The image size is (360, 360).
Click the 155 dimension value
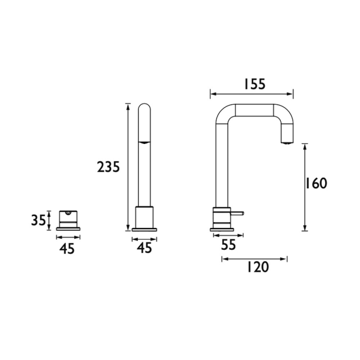coord(254,84)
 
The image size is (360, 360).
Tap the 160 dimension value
coord(316,183)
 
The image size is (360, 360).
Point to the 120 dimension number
coord(256,268)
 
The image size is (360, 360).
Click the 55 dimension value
coord(228,244)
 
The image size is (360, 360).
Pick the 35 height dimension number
coord(38,220)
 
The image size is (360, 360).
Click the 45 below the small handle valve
coord(66,249)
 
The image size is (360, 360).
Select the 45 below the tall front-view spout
coord(144,249)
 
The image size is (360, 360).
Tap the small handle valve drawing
coord(66,220)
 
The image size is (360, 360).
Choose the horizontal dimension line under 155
coord(252,94)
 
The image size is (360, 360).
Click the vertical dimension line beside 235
coord(128,166)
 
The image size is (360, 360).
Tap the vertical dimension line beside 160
coord(304,187)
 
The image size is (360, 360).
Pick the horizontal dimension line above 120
coord(254,258)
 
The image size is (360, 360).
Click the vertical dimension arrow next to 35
coord(49,220)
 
